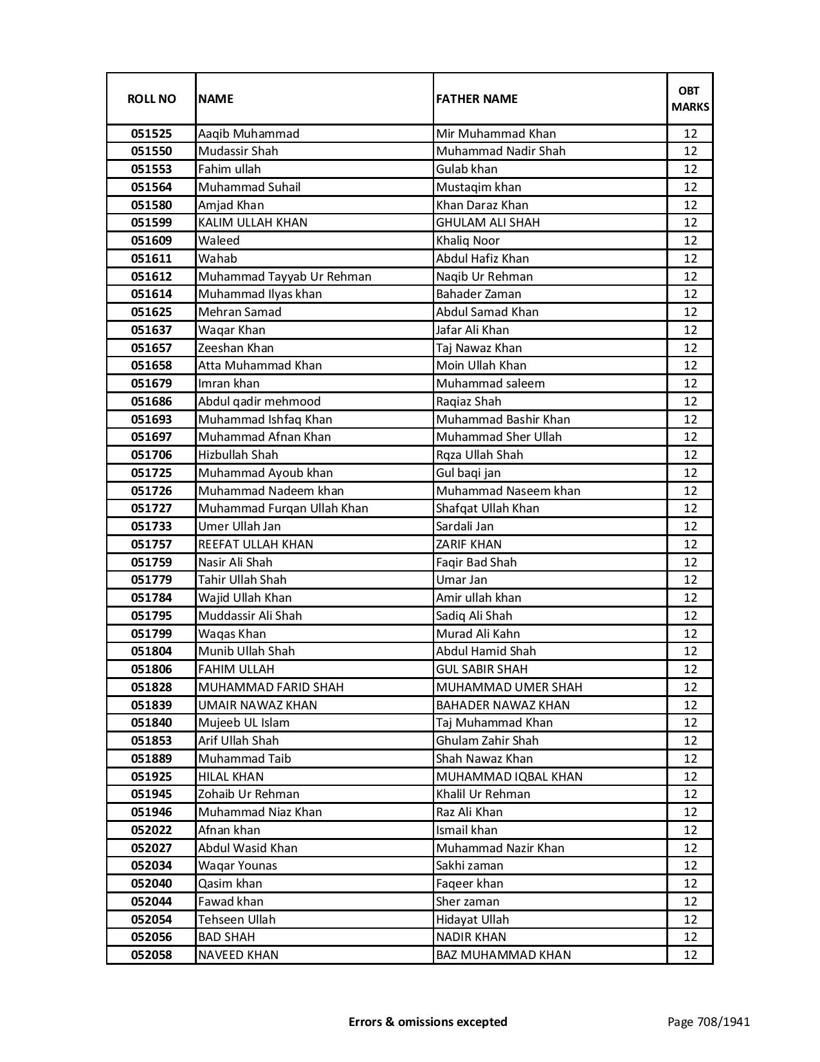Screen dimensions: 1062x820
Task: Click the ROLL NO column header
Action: [151, 98]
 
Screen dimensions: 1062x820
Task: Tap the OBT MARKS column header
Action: [690, 98]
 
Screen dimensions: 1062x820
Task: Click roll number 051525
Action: [151, 134]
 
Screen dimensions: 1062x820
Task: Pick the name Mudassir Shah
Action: [238, 151]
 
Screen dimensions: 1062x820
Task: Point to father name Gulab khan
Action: [466, 169]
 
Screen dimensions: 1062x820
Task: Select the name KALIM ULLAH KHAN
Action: [253, 223]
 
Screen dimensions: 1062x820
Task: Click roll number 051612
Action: [151, 277]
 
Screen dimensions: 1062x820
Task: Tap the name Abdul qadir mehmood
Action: [259, 402]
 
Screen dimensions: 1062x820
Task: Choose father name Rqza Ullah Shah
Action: [479, 455]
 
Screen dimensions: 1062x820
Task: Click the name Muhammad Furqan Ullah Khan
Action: [283, 508]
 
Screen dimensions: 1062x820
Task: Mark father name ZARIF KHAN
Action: [469, 545]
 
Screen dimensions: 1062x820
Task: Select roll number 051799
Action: [151, 634]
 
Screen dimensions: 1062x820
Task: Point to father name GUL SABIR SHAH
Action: [482, 669]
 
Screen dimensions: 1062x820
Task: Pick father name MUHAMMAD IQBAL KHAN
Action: [509, 777]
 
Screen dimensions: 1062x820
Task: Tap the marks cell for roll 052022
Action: [690, 830]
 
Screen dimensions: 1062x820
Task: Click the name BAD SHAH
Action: [226, 937]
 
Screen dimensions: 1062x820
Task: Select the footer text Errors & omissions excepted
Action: [428, 1021]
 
